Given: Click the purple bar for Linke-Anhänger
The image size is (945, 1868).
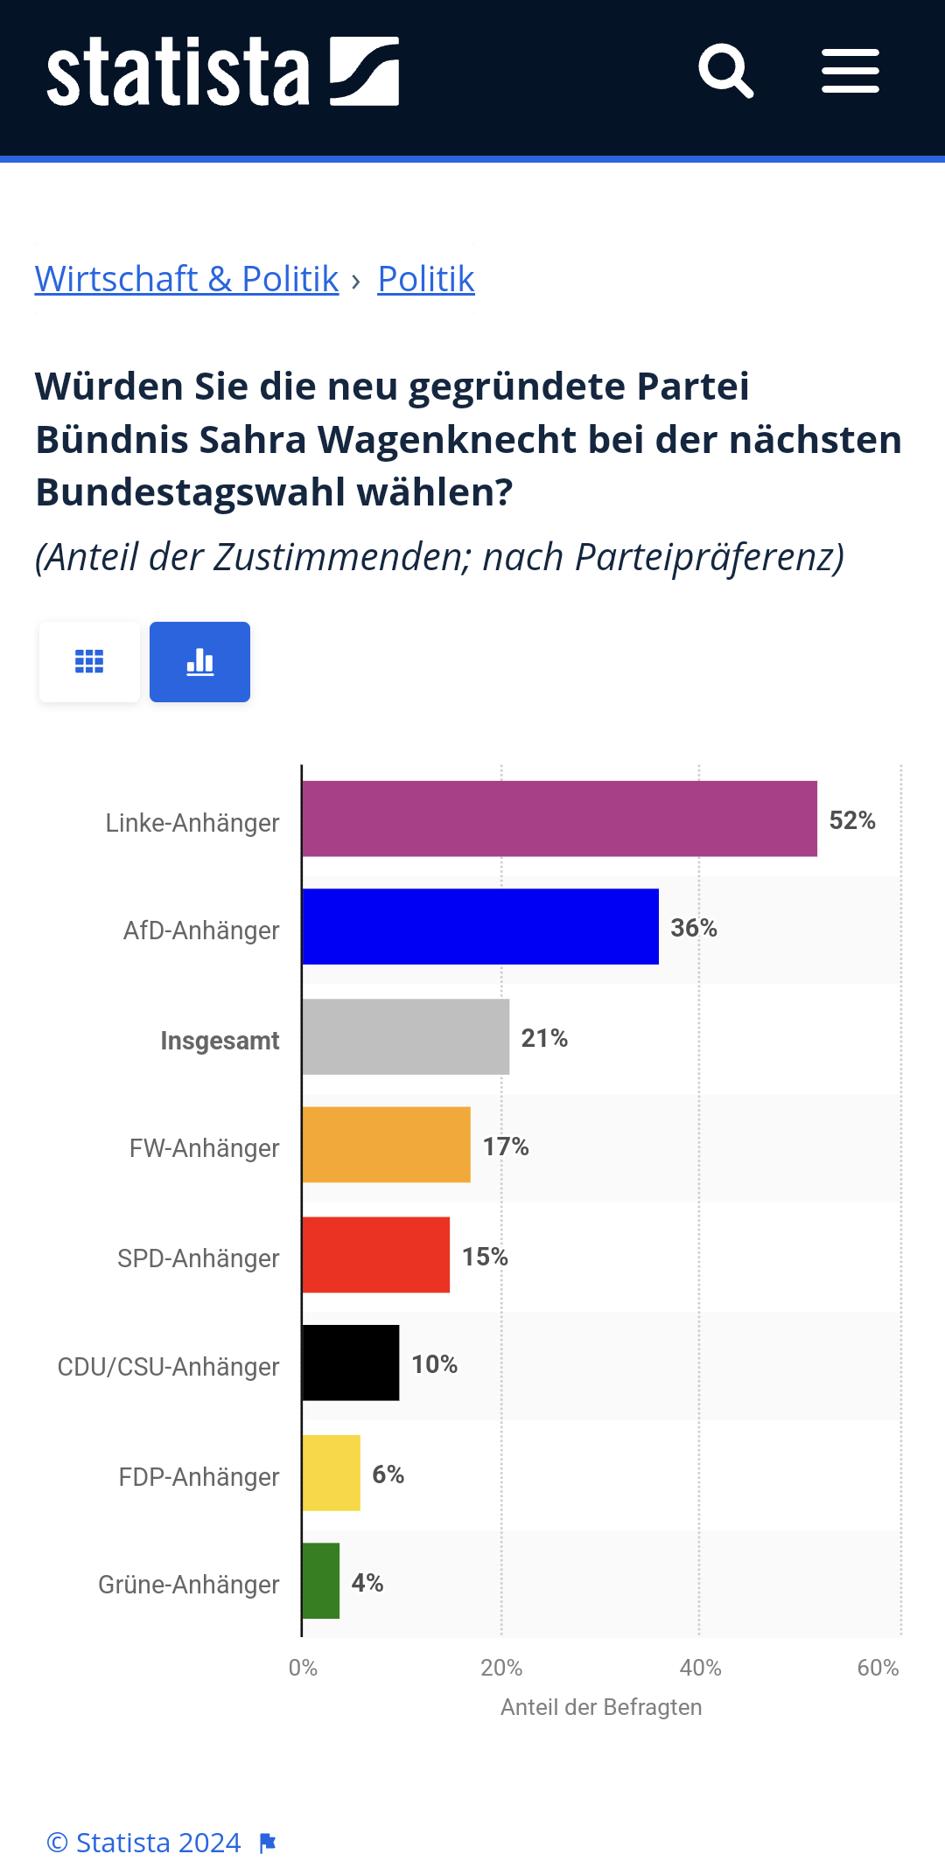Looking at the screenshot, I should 559,819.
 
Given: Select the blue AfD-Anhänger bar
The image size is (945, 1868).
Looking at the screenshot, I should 480,927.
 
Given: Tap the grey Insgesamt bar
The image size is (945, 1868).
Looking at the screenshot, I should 406,1037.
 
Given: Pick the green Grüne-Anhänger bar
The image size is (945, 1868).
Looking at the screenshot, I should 321,1581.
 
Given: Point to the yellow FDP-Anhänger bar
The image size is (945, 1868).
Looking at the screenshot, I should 332,1473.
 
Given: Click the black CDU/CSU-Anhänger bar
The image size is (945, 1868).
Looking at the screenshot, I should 351,1363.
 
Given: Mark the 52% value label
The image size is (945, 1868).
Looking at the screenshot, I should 852,820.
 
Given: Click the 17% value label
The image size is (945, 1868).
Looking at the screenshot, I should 506,1147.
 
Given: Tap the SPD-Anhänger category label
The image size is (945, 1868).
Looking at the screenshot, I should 199,1258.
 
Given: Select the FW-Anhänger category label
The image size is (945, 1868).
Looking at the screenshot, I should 204,1148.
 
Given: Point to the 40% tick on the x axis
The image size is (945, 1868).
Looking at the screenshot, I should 700,1668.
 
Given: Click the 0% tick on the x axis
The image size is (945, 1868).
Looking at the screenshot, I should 303,1668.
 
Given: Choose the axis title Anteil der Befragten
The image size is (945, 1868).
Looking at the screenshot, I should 601,1707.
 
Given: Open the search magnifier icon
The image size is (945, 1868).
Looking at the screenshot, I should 725,71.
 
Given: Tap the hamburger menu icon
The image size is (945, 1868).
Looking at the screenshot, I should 850,71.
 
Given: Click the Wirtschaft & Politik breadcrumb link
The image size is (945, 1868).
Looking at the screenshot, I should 186,279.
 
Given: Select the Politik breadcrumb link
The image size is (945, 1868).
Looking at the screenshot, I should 426,279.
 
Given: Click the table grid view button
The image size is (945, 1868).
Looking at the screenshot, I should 89,662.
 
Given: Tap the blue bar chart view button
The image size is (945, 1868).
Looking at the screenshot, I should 199,662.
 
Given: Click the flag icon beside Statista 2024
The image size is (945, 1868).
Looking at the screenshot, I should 268,1844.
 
